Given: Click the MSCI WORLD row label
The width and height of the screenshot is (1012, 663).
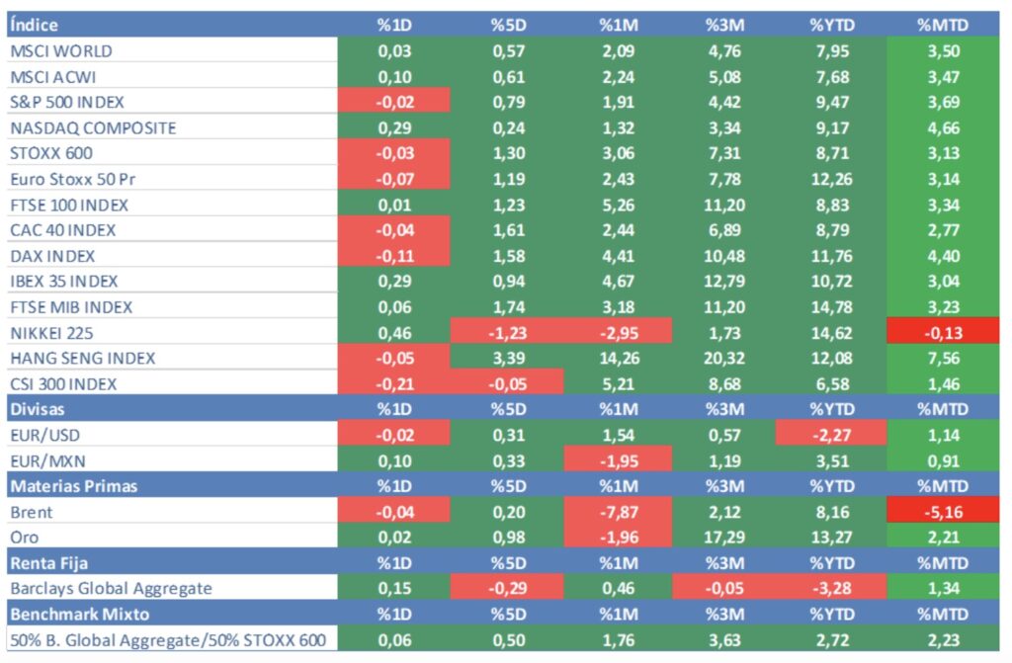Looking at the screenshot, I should [x=61, y=50].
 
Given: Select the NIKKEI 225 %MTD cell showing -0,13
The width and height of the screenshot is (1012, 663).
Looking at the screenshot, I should [x=943, y=332].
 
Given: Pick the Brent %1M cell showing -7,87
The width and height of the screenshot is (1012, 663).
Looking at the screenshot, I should [x=618, y=512].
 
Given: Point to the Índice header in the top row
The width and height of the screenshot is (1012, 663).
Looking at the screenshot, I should [x=35, y=25].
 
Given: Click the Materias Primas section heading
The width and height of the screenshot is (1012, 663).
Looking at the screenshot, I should [x=73, y=486].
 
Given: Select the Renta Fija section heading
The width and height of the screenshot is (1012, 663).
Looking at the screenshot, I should [x=48, y=563].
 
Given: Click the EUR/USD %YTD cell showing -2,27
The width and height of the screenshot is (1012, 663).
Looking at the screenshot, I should [x=831, y=435].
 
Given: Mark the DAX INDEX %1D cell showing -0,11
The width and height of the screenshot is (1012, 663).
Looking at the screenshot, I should [x=394, y=256].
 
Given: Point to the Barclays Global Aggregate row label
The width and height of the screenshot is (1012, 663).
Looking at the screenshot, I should [x=111, y=589].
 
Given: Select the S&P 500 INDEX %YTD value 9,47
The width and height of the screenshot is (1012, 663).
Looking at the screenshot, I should [x=831, y=102].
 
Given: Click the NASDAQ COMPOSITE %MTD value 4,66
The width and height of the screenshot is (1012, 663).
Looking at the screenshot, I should [x=943, y=127].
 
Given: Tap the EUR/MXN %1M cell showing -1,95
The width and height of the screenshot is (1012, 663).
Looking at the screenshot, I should [x=618, y=460].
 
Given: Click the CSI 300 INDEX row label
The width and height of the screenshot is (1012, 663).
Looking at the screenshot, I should [x=63, y=383].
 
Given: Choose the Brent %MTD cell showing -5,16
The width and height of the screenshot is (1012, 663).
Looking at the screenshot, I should [x=943, y=512].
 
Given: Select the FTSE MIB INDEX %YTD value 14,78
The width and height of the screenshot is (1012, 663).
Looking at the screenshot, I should [x=831, y=307].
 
